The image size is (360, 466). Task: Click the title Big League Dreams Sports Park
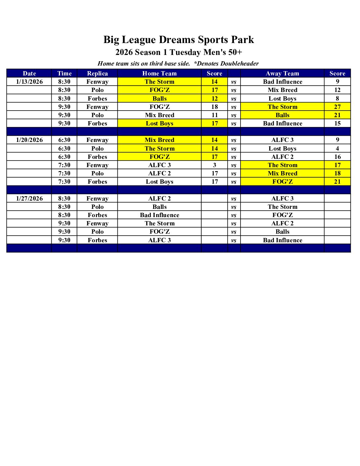[179, 40]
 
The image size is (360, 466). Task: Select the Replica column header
[97, 73]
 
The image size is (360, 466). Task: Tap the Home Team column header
[159, 73]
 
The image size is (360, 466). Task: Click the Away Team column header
[282, 73]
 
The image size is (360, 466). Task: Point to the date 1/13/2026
[29, 82]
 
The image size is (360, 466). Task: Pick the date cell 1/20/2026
[29, 140]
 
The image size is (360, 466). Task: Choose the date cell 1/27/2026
[29, 199]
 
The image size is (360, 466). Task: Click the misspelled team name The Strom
[282, 165]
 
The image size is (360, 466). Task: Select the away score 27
[337, 107]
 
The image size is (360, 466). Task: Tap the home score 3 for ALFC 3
[214, 165]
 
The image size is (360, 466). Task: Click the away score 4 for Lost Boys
[337, 149]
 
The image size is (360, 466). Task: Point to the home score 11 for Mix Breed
[214, 115]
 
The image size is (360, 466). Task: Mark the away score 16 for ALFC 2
[337, 157]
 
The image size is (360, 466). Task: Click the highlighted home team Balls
[159, 99]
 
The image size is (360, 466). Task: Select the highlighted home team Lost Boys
[159, 123]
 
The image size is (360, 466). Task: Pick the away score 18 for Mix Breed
[337, 173]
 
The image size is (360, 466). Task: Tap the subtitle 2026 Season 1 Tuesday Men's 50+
[179, 52]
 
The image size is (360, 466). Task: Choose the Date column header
[29, 73]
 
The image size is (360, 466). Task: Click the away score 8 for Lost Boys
[337, 99]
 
